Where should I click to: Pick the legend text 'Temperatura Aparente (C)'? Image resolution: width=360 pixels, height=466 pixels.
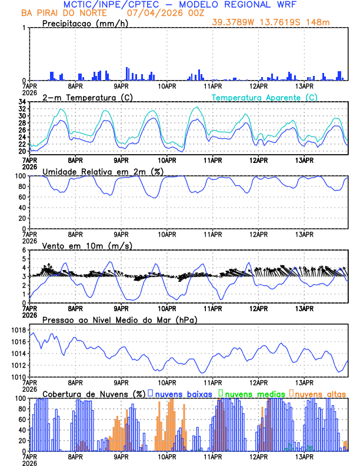[264, 97]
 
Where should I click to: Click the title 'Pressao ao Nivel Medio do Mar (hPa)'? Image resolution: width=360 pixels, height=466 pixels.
[120, 319]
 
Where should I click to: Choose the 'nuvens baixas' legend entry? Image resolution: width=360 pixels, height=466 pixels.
[182, 393]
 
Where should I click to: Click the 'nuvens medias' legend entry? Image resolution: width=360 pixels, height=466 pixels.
[254, 393]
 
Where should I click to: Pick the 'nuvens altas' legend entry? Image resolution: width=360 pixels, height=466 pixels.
[320, 393]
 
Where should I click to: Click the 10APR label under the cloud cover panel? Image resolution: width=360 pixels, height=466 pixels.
[167, 456]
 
